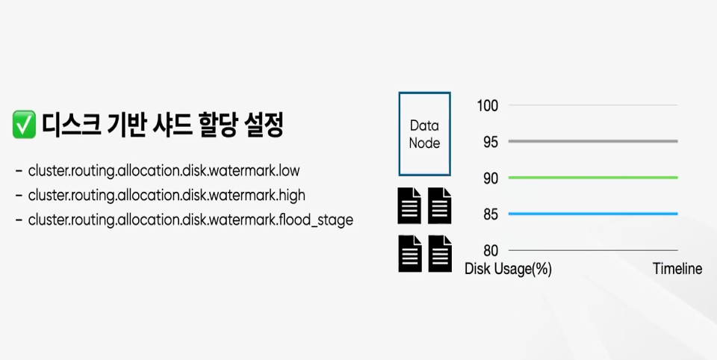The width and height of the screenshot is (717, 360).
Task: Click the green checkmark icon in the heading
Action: click(25, 125)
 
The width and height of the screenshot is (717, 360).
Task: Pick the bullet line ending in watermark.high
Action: click(167, 196)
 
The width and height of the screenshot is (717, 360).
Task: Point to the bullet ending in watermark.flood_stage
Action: click(190, 220)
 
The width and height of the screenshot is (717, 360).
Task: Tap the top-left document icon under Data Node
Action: click(409, 206)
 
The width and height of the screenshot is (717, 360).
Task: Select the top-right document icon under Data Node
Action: click(440, 206)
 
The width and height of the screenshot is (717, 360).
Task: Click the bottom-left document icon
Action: click(409, 253)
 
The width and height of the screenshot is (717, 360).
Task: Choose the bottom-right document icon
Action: click(440, 253)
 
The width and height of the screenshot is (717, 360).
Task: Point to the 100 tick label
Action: click(487, 105)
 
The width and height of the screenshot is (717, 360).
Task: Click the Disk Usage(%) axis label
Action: click(508, 270)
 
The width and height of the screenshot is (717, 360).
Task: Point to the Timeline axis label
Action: click(677, 270)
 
